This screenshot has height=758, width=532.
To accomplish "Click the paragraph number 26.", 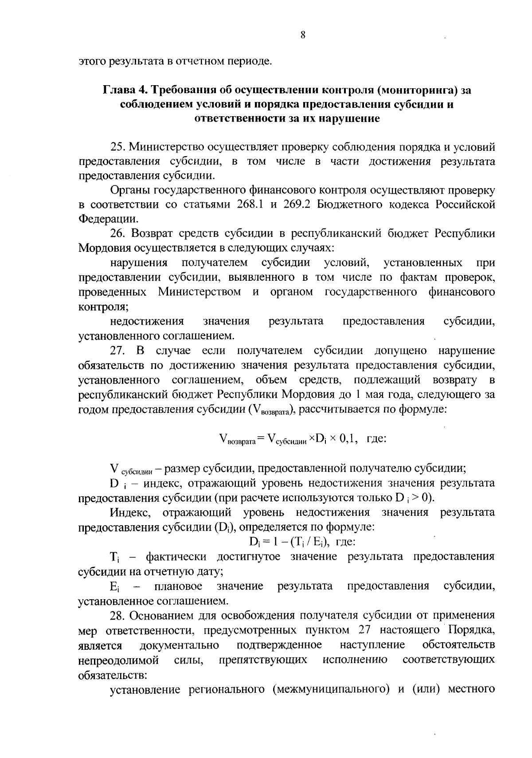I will click(117, 234).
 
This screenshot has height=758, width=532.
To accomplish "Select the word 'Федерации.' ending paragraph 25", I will click(105, 219).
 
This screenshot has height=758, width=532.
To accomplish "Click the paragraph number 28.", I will click(117, 615).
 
